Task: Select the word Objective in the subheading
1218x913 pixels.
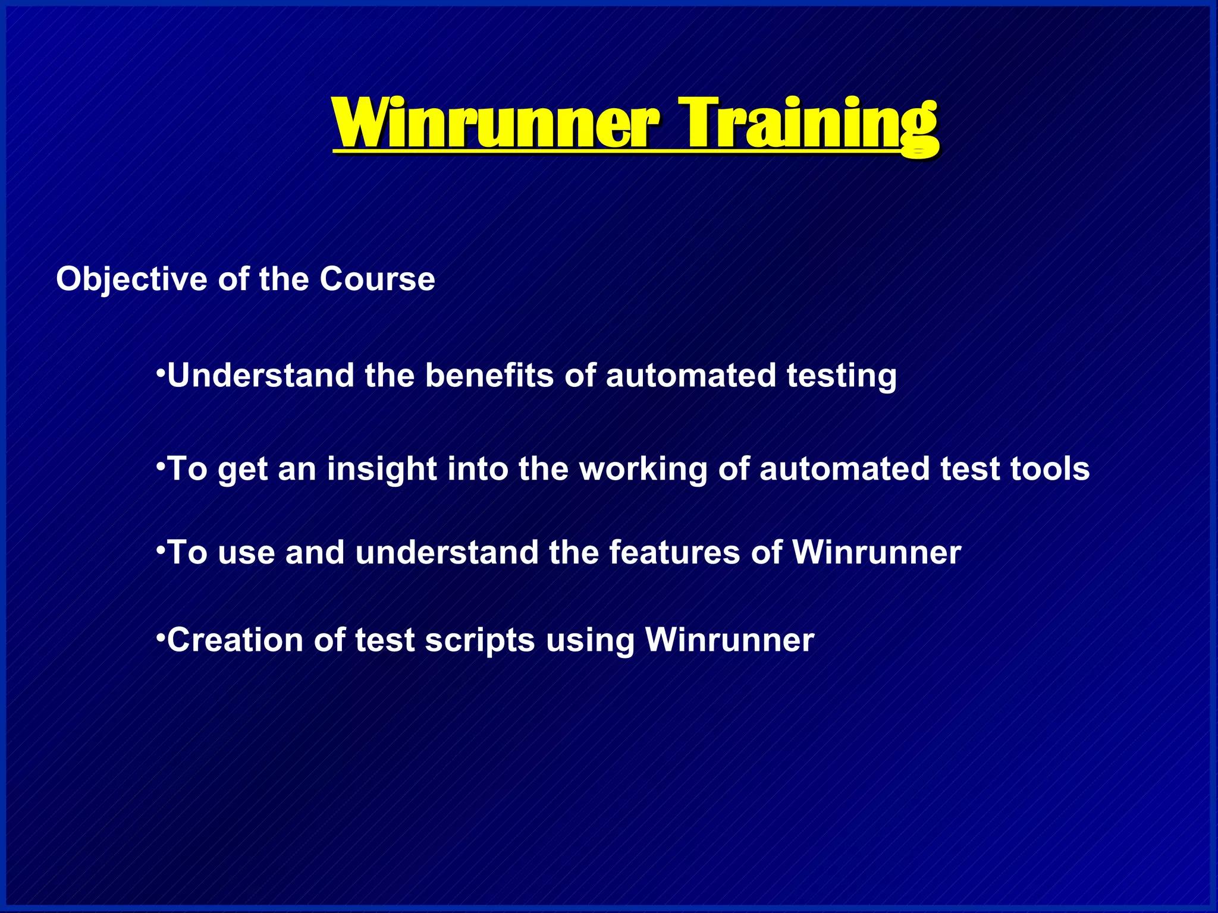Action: tap(131, 279)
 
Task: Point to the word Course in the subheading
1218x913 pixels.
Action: tap(377, 279)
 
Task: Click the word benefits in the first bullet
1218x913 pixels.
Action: tap(489, 376)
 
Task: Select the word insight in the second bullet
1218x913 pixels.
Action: tap(382, 470)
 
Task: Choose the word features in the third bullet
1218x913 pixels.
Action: tap(674, 552)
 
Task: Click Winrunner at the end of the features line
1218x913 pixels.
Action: tap(876, 552)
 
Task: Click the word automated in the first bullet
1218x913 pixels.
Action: tap(690, 376)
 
